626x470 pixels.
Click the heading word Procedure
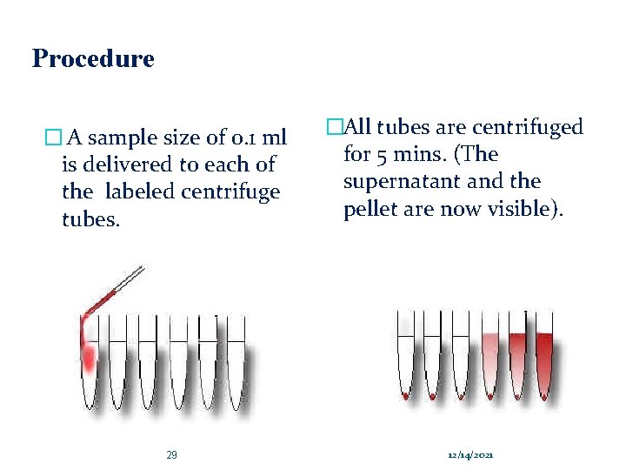click(x=93, y=59)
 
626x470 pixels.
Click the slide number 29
click(x=171, y=455)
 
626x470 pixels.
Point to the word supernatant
click(x=400, y=181)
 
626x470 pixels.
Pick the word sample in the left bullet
click(x=123, y=138)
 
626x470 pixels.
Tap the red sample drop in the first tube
click(x=88, y=353)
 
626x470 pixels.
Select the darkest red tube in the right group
click(x=544, y=361)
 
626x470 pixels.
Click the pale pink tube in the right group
click(x=490, y=361)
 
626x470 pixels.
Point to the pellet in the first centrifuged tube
click(x=406, y=396)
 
